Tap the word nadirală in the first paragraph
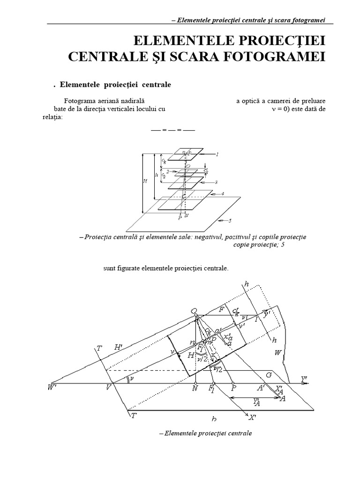[x=132, y=101]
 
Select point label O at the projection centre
[x=193, y=311]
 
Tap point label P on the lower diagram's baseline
[x=233, y=389]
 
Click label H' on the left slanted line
[x=118, y=347]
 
